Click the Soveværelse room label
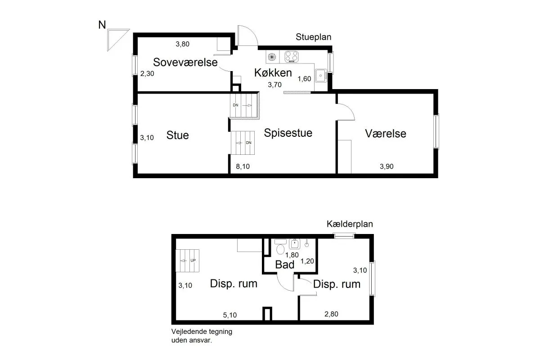185,62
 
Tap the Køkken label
273,72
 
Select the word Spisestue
288,133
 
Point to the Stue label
177,135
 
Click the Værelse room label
386,134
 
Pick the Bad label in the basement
285,265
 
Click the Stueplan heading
313,37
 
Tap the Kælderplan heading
350,224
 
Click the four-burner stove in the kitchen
292,57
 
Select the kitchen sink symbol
320,76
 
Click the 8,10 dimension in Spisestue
243,166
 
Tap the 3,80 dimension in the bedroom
183,44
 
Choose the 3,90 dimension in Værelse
387,166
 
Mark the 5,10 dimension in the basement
230,315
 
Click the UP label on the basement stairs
193,261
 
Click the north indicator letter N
102,25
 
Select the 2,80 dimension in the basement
331,314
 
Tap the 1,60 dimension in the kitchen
304,79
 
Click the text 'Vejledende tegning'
202,332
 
